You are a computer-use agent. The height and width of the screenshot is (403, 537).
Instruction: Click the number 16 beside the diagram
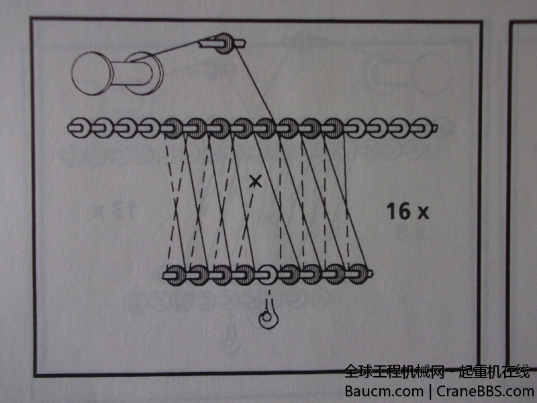click(398, 211)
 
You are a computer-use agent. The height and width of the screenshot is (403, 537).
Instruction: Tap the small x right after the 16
click(423, 212)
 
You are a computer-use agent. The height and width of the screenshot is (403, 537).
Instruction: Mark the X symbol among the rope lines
click(255, 181)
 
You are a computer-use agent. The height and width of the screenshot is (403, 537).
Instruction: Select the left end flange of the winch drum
click(92, 73)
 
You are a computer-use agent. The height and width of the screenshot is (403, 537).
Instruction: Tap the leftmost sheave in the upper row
click(81, 128)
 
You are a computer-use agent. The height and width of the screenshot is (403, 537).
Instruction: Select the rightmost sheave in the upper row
click(423, 128)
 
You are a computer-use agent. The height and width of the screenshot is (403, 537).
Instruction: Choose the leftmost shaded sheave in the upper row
click(173, 128)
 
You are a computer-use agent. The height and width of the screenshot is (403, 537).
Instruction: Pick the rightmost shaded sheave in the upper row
click(333, 128)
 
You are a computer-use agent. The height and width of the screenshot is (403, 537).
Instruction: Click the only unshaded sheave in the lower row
click(267, 274)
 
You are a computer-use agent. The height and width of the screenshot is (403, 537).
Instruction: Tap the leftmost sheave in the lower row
click(175, 275)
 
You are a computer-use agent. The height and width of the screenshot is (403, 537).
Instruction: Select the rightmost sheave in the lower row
click(358, 274)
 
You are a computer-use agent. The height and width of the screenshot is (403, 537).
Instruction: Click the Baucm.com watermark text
click(384, 391)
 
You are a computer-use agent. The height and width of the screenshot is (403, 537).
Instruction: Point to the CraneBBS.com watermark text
click(485, 391)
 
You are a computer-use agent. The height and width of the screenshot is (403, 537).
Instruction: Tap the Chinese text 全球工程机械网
click(394, 372)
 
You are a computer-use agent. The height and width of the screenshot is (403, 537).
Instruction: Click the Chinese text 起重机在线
click(495, 372)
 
